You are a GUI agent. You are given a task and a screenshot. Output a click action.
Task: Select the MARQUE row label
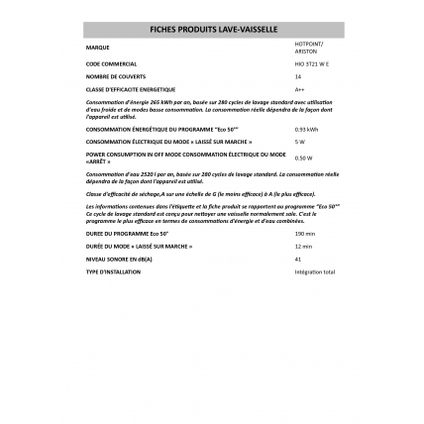(98, 47)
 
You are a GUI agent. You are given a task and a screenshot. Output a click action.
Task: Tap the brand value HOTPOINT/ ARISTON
(307, 47)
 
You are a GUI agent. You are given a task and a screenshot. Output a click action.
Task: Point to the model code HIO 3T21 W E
(307, 63)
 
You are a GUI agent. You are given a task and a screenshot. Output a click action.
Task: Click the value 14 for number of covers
(298, 76)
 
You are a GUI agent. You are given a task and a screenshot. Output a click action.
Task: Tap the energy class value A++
(299, 88)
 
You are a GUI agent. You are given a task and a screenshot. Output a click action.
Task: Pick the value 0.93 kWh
(306, 129)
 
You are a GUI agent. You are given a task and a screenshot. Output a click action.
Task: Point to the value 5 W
(299, 141)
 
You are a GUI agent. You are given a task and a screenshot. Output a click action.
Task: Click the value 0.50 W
(303, 157)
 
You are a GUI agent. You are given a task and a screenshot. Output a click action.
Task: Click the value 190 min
(304, 234)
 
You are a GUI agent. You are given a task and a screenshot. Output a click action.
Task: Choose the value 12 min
(303, 246)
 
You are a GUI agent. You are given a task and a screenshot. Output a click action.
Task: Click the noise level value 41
(298, 259)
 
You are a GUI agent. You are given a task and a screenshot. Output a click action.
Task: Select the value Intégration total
(315, 270)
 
